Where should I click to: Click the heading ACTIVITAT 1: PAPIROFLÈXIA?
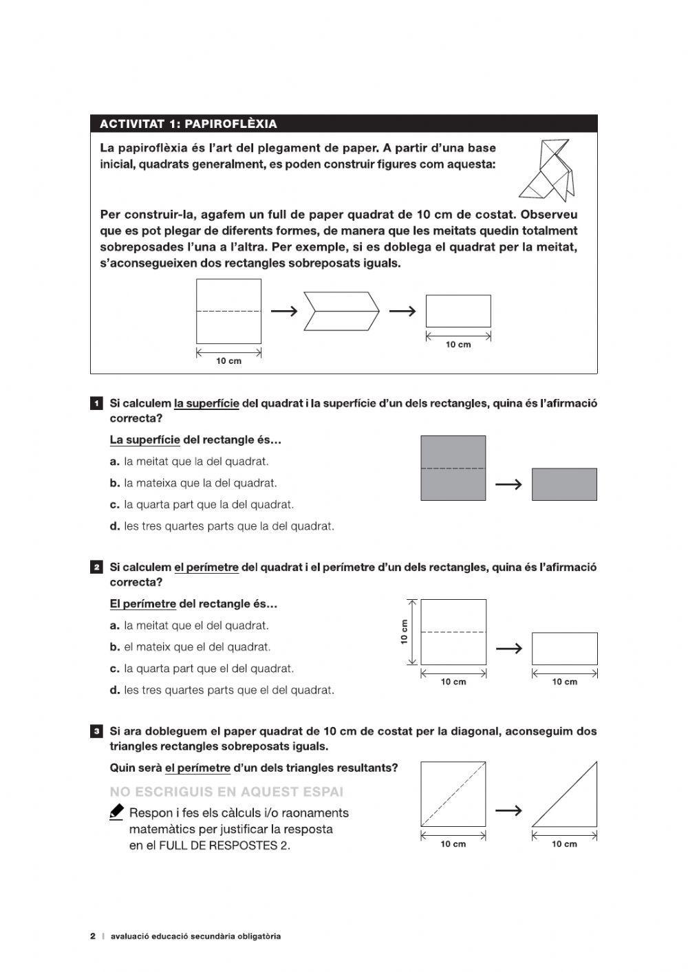pyautogui.click(x=189, y=124)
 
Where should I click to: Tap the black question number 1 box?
pyautogui.click(x=97, y=403)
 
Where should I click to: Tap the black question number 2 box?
pyautogui.click(x=97, y=568)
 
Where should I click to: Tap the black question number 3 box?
pyautogui.click(x=97, y=731)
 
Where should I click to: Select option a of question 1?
pyautogui.click(x=189, y=462)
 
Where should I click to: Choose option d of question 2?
pyautogui.click(x=222, y=690)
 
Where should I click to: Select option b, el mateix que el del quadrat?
pyautogui.click(x=190, y=647)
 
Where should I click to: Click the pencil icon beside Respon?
pyautogui.click(x=117, y=812)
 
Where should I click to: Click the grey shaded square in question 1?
pyautogui.click(x=453, y=468)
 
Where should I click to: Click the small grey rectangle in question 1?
pyautogui.click(x=564, y=484)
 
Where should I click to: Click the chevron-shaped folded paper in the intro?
pyautogui.click(x=342, y=311)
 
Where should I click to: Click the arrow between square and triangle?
pyautogui.click(x=508, y=810)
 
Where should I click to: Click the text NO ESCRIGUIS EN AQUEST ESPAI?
pyautogui.click(x=226, y=792)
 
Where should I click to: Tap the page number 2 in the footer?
pyautogui.click(x=93, y=936)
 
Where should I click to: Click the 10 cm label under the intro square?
pyautogui.click(x=229, y=361)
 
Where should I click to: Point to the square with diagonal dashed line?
pyautogui.click(x=453, y=794)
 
